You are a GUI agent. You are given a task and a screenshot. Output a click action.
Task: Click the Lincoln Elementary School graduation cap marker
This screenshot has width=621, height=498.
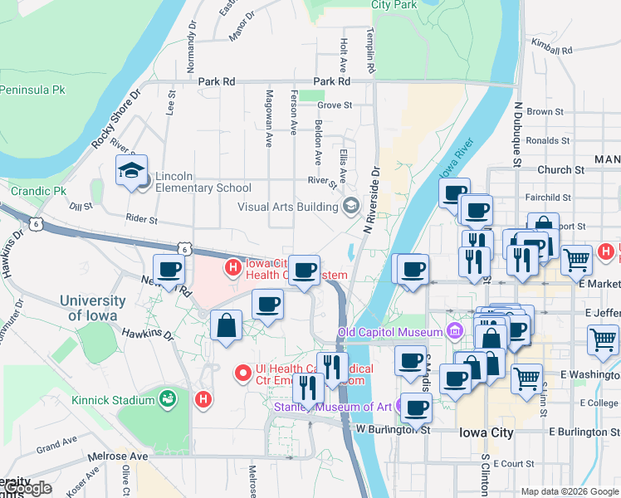pyautogui.click(x=131, y=171)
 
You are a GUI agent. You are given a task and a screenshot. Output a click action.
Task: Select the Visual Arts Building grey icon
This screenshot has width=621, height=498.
pyautogui.click(x=351, y=206)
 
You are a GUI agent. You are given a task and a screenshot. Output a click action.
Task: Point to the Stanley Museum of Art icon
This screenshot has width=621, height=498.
pyautogui.click(x=403, y=407)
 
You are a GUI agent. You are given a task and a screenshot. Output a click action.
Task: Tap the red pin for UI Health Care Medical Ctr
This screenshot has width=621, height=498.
pyautogui.click(x=243, y=374)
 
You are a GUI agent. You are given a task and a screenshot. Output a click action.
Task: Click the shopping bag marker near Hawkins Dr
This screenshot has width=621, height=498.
pyautogui.click(x=227, y=326)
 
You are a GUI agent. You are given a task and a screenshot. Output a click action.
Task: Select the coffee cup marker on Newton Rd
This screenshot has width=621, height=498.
pyautogui.click(x=169, y=270)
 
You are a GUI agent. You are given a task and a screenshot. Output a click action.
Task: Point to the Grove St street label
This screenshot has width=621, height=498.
pyautogui.click(x=335, y=105)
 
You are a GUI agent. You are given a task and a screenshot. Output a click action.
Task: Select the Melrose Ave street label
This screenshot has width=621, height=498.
pyautogui.click(x=120, y=456)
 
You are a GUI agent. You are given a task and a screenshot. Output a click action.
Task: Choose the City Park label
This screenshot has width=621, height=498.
pyautogui.click(x=394, y=5)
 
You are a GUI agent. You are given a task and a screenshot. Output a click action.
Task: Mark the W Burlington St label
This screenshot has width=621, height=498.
pyautogui.click(x=394, y=429)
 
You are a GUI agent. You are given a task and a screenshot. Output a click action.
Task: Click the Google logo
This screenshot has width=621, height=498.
pyautogui.click(x=27, y=488)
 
